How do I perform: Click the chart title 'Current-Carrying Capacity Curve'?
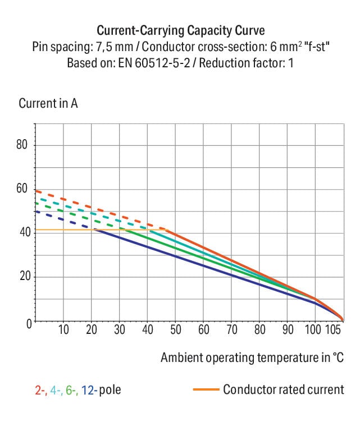tap(180, 30)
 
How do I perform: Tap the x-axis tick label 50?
tap(175, 329)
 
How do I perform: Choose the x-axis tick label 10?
tap(63, 329)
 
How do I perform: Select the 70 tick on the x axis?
tap(231, 329)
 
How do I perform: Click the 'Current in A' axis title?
tap(48, 104)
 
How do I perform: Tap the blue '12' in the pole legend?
tap(88, 389)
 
